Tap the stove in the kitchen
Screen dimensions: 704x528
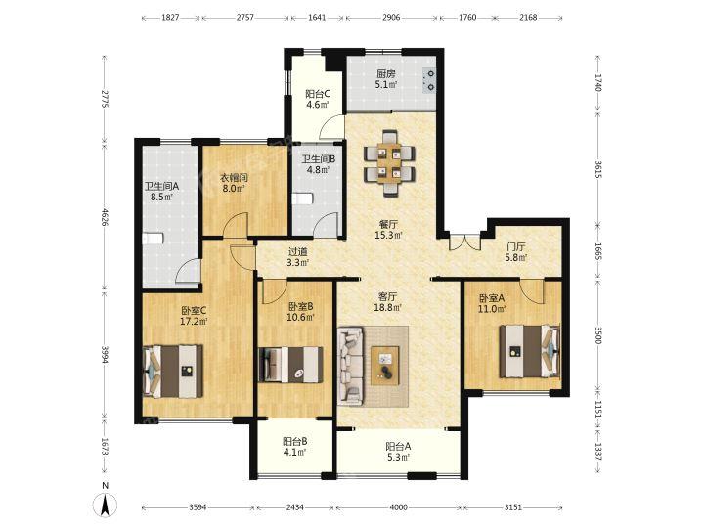click(x=429, y=80)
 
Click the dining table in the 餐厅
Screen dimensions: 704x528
click(x=389, y=163)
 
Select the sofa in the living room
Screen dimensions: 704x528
click(x=351, y=366)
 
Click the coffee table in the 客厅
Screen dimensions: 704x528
click(x=385, y=366)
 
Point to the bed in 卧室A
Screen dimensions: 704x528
click(x=530, y=351)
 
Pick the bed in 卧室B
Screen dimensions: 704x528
click(x=290, y=365)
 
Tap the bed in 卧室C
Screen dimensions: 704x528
click(x=173, y=372)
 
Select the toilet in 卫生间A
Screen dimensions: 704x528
click(x=151, y=238)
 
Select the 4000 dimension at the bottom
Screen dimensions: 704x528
click(x=398, y=507)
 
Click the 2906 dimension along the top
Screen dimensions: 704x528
click(x=391, y=18)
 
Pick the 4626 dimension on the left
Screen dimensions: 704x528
click(x=105, y=216)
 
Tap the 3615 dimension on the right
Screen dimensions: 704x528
click(x=598, y=169)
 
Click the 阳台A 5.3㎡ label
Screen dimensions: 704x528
click(x=398, y=452)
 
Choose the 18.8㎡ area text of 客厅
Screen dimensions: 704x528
click(x=387, y=308)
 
